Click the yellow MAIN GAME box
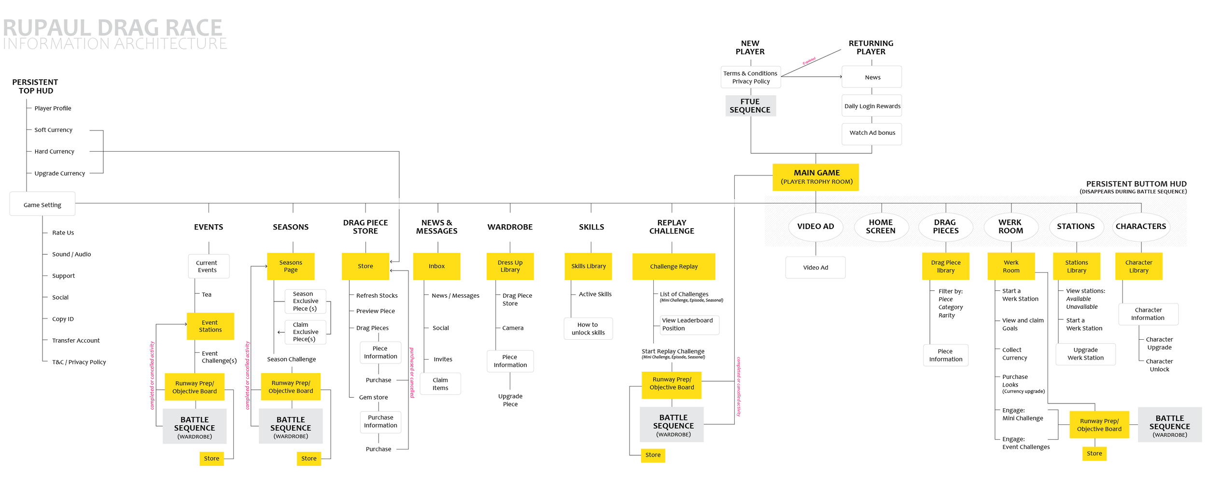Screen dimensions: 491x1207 point(815,177)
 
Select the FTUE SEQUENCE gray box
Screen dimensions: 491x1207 point(750,105)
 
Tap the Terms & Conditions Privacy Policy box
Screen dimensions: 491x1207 point(750,77)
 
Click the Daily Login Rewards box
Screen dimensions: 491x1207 point(872,106)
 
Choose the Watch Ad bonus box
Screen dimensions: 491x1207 point(872,133)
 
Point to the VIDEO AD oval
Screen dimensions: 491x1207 point(815,226)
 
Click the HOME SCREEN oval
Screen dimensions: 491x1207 point(881,226)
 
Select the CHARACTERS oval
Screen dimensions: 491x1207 point(1140,226)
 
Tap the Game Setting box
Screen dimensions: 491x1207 point(42,204)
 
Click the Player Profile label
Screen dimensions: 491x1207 point(53,108)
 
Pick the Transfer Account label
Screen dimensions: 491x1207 point(76,340)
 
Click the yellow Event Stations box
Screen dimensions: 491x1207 point(210,326)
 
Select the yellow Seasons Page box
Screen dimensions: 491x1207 point(291,266)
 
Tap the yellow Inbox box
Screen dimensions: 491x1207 point(436,266)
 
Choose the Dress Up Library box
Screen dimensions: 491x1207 point(510,266)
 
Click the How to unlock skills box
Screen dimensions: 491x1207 point(588,329)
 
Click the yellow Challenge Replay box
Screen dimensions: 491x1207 point(674,266)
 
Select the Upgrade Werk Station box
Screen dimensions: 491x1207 point(1085,354)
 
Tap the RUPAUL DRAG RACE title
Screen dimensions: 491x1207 point(112,28)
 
